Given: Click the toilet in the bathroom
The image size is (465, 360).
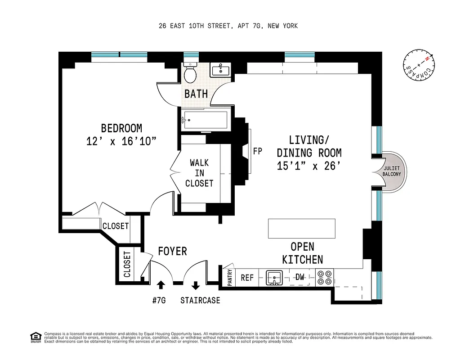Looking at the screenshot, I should pos(191,73).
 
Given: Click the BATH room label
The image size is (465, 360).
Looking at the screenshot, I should pos(197,94).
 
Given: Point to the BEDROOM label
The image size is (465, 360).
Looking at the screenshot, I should pos(121,128).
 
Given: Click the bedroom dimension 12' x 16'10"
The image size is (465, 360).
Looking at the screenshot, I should pos(121,141).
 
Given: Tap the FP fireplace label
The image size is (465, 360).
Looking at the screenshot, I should pos(258,151).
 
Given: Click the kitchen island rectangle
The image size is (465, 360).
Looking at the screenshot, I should pos(301,228).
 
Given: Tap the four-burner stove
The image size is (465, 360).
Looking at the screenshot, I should pos(324,278).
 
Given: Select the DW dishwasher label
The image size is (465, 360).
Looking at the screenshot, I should pos(300,277).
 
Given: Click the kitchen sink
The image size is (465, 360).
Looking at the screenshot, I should pos(273,278).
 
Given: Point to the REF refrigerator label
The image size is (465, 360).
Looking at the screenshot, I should pos(247,278).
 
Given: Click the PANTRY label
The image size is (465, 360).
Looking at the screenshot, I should pos(230,278).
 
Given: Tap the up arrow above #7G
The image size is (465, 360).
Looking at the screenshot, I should pos(161,285).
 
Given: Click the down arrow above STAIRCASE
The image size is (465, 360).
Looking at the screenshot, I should pos(196,285).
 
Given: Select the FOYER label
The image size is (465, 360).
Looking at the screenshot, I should pos(172,251).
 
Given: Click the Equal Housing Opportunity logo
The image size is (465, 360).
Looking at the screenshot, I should pos(34,337).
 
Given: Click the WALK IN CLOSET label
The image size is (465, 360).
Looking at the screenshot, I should pos(199,173).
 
